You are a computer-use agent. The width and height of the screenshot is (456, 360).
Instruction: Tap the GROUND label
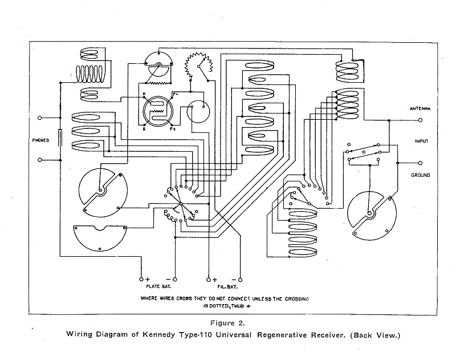tap(420, 175)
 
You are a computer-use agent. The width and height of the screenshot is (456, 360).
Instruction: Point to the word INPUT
tap(421, 140)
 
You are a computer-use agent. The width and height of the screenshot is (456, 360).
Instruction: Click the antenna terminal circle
tap(421, 120)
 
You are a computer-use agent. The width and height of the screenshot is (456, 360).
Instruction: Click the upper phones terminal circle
tap(39, 118)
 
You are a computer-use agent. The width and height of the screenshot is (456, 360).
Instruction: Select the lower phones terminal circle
tap(39, 161)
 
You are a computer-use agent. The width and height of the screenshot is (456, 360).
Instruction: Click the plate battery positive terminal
tap(141, 279)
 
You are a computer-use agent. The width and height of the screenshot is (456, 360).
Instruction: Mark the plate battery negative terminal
tap(175, 279)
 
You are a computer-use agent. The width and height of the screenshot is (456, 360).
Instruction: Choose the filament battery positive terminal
tap(209, 279)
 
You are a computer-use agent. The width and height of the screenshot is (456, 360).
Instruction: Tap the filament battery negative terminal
tap(240, 279)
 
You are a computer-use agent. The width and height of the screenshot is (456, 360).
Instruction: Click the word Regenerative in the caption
tap(293, 334)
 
